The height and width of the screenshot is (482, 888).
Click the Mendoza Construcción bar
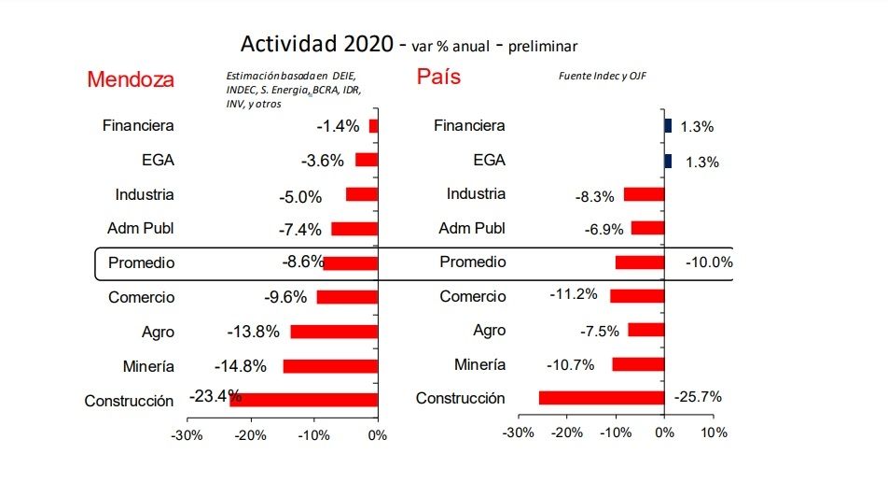(303, 400)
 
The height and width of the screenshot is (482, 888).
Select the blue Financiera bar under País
(668, 125)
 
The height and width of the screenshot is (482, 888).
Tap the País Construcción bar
(602, 398)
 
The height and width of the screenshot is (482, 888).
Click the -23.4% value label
(215, 395)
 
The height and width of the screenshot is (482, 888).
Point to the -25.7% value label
(697, 397)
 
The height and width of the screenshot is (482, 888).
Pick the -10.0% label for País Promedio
(709, 263)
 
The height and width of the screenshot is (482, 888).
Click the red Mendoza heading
(131, 79)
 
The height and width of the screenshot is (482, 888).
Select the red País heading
(438, 77)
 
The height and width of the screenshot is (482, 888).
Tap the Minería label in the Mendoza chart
(148, 366)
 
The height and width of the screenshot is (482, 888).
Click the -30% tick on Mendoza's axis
(188, 435)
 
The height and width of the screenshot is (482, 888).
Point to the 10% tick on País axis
(714, 433)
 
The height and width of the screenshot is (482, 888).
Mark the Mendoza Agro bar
(334, 332)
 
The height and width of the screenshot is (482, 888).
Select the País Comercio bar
(637, 295)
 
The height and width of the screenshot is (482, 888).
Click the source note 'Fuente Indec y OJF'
(602, 76)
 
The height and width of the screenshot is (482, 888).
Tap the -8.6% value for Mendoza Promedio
(302, 262)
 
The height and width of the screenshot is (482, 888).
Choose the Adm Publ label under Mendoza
(141, 228)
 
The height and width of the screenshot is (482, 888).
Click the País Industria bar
(644, 194)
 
